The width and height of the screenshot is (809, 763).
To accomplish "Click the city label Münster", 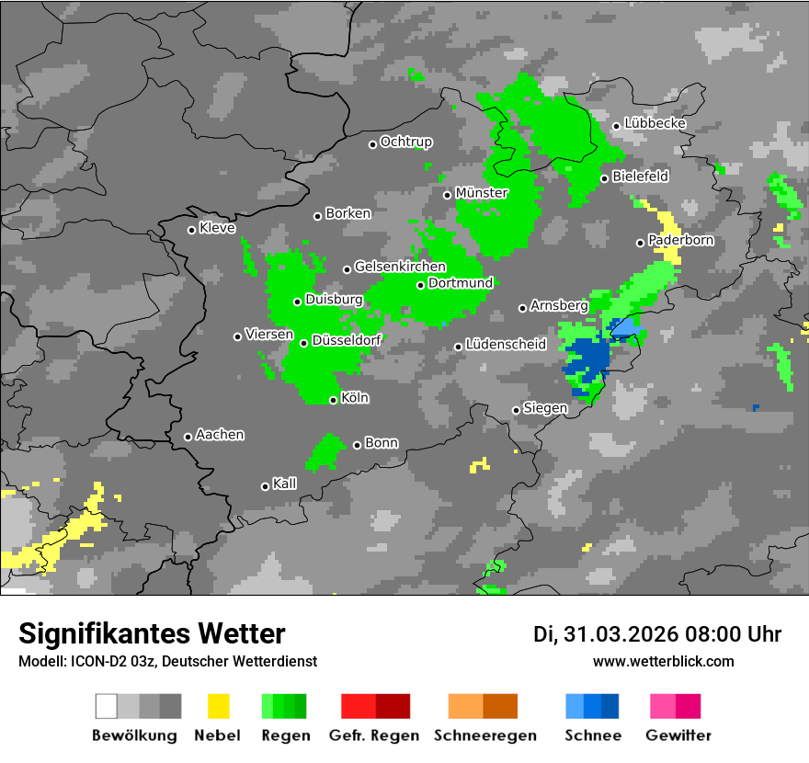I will point(482,193).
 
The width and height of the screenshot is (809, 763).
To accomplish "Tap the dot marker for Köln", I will point(333,400).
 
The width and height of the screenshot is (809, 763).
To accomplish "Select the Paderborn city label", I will point(681,241).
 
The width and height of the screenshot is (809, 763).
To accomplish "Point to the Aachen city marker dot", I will point(188,437).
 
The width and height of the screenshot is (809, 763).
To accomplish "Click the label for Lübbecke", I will point(655,123).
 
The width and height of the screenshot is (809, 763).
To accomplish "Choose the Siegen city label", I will point(545,408).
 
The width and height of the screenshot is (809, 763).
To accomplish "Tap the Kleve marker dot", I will point(191,230).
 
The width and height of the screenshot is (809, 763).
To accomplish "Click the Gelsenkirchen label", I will point(400,268).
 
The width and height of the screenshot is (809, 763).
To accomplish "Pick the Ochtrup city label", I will point(406,142).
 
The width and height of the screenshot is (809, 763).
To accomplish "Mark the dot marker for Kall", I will point(265,486).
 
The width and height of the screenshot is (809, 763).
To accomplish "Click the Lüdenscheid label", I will point(507,345).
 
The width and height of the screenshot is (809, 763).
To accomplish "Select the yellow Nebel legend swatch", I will point(219,706).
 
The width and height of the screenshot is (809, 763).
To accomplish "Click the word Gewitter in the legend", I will point(678,735).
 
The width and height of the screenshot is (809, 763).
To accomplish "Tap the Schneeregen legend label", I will point(483,735).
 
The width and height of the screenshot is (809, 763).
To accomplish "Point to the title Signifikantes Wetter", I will point(152,634).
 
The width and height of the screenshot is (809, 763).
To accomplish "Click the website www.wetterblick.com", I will point(664,661).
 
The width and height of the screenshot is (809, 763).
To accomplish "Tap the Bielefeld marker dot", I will point(604,178).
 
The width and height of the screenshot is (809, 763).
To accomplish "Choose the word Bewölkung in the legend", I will point(134,735).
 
